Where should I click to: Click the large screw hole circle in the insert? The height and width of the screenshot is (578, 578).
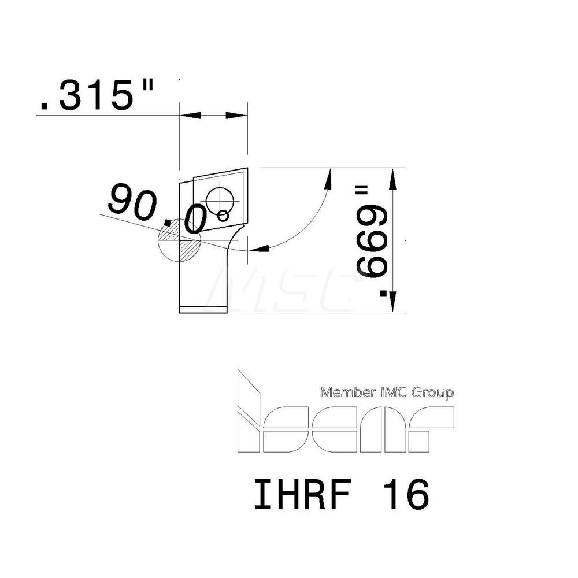220,199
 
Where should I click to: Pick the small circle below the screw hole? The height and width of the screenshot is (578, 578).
223,216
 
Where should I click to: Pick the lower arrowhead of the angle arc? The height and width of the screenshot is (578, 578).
262,249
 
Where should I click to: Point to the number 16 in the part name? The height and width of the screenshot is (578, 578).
408,495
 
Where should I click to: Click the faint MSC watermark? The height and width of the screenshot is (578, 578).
283,289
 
